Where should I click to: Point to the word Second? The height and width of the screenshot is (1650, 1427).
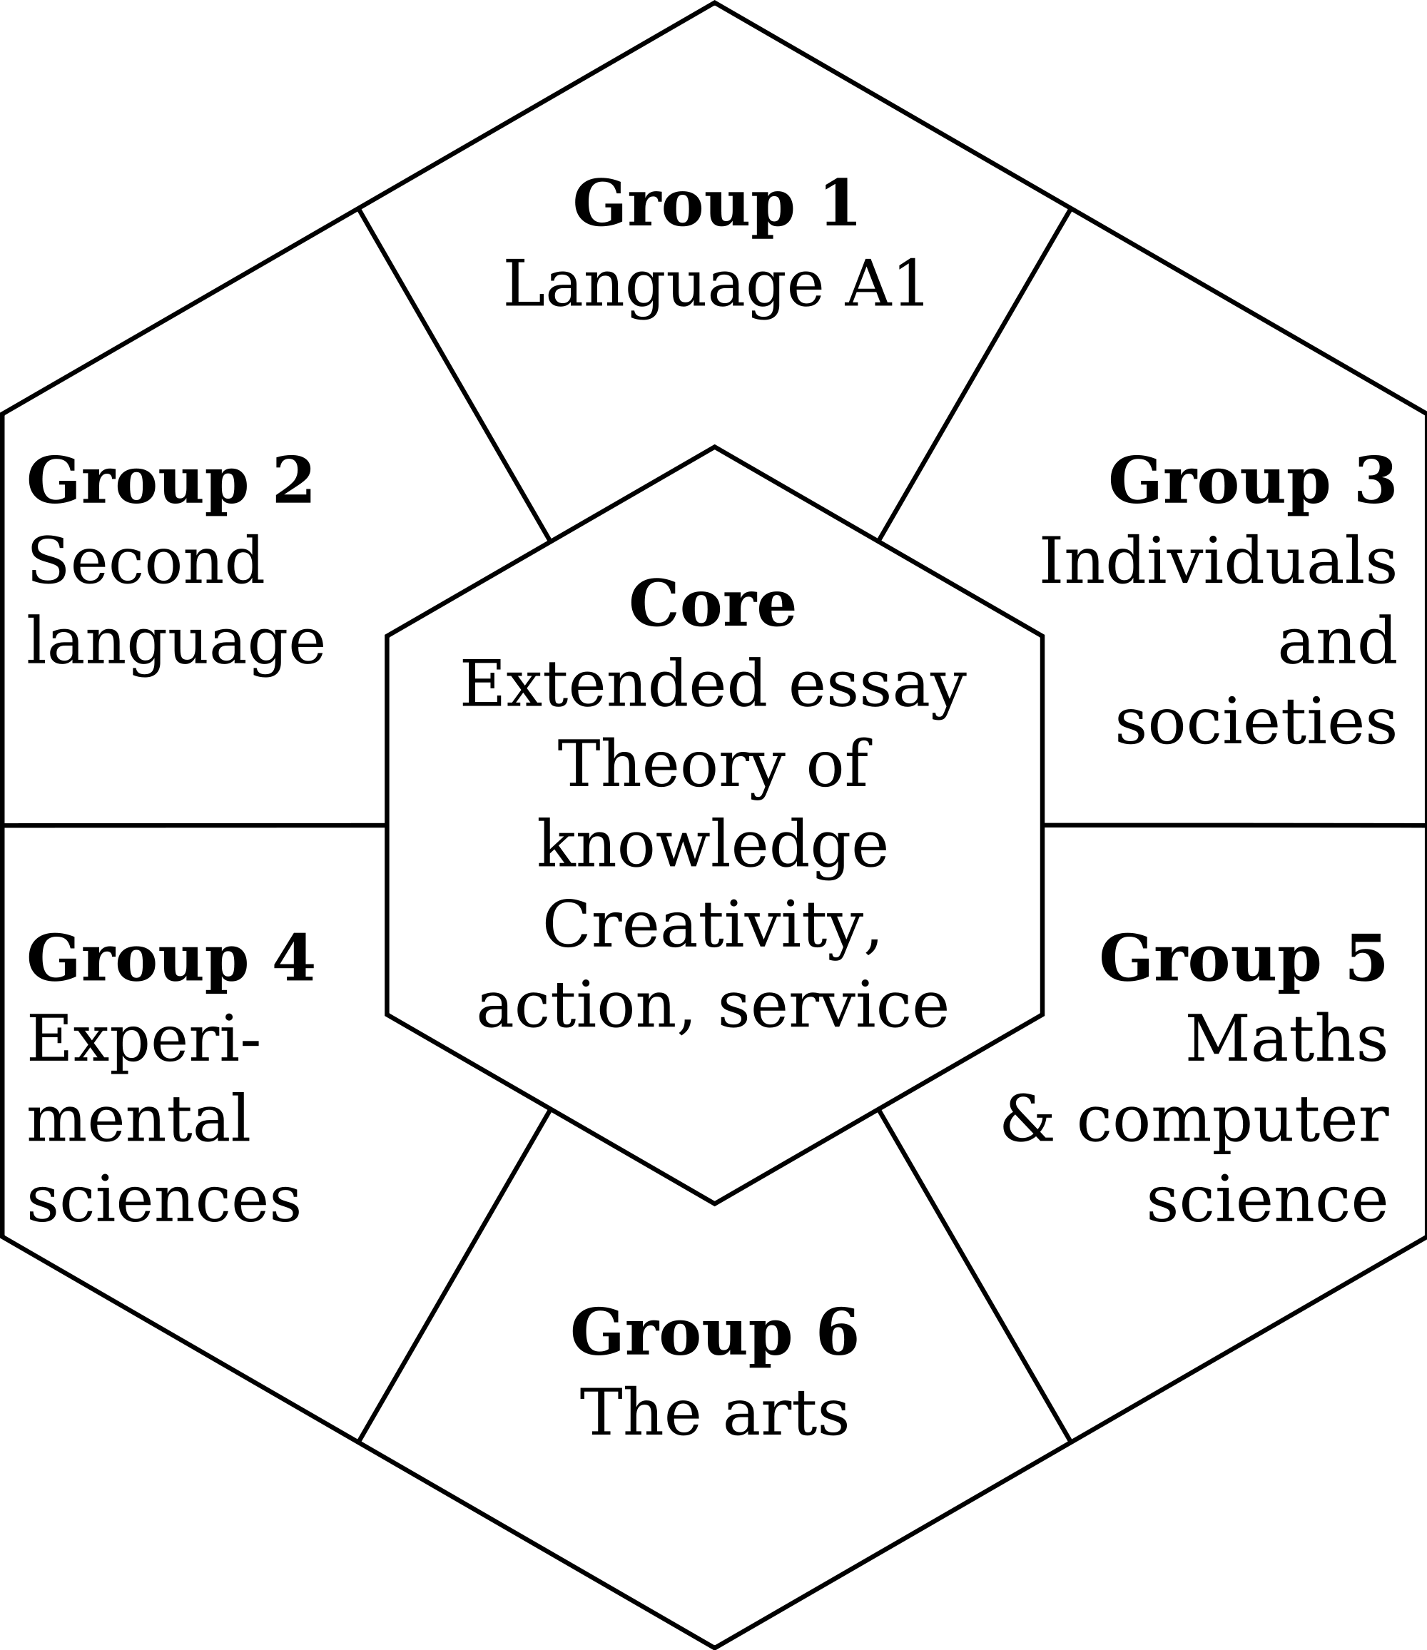146,563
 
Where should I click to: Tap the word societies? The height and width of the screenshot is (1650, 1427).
1256,724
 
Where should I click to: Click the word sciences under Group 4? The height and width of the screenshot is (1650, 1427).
164,1203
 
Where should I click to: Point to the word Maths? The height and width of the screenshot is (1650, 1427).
1287,1041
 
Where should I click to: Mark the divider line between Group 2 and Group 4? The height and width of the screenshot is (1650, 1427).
195,826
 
